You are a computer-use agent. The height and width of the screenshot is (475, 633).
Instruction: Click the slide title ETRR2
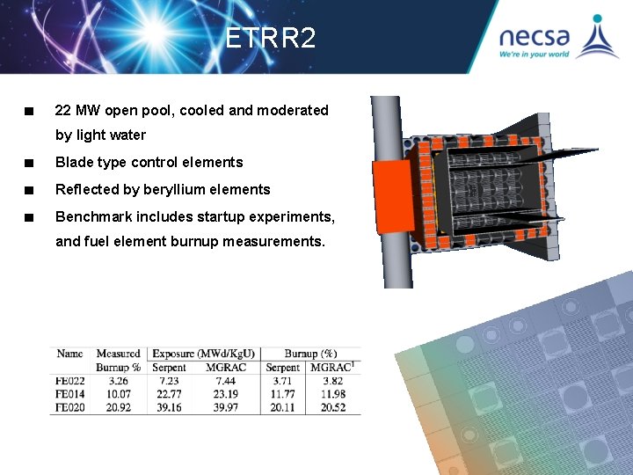(270, 39)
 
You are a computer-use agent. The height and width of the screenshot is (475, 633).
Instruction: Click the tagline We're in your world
(534, 55)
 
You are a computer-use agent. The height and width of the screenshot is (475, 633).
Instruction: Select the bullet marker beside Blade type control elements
(30, 163)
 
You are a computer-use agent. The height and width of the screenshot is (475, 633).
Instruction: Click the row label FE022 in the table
(69, 381)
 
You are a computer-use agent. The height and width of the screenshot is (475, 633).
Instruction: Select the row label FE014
(69, 394)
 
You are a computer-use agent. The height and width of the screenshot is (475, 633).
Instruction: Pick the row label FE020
(69, 407)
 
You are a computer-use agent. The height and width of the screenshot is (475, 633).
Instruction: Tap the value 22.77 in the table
(169, 394)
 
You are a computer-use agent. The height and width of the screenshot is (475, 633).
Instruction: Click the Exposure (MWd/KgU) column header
(203, 354)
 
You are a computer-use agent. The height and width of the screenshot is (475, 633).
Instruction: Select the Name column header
(69, 354)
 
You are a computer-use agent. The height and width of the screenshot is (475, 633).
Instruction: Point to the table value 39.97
(226, 407)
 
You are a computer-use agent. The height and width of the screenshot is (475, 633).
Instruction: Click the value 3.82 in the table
(332, 381)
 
